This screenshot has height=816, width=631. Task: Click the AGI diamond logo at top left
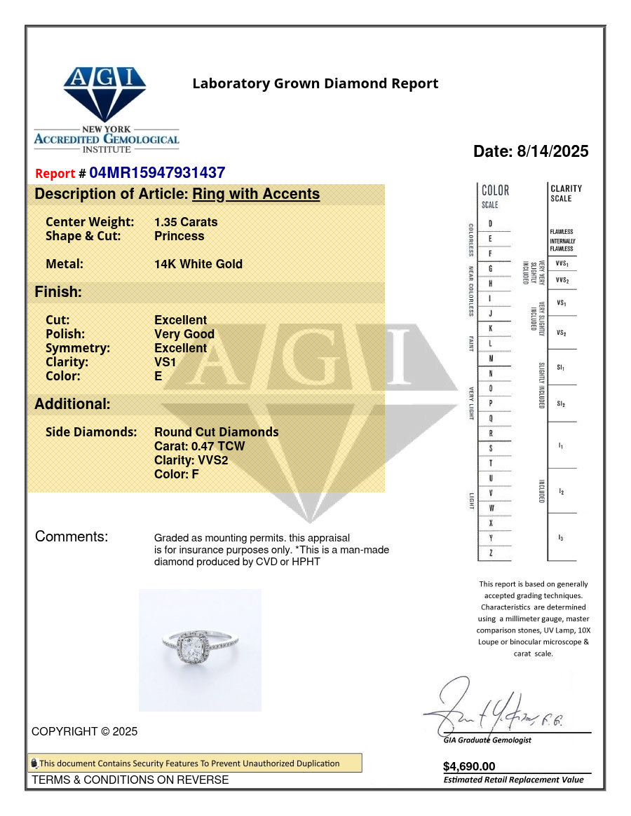pyautogui.click(x=105, y=95)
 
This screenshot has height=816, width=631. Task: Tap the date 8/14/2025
pyautogui.click(x=552, y=151)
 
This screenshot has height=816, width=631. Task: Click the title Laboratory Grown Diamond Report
pyautogui.click(x=315, y=84)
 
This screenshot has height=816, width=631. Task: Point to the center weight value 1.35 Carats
pyautogui.click(x=186, y=222)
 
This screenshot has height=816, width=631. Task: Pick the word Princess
pyautogui.click(x=179, y=236)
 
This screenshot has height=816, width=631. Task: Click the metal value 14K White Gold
pyautogui.click(x=198, y=264)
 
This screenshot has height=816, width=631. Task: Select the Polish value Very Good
pyautogui.click(x=184, y=334)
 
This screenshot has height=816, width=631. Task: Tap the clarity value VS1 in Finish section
pyautogui.click(x=165, y=362)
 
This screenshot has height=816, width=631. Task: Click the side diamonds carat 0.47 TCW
pyautogui.click(x=200, y=446)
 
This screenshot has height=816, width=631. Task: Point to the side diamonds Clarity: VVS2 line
pyautogui.click(x=191, y=460)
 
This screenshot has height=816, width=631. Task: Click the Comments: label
pyautogui.click(x=72, y=537)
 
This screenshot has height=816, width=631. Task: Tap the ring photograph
pyautogui.click(x=200, y=650)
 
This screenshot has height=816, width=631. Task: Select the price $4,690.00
pyautogui.click(x=469, y=766)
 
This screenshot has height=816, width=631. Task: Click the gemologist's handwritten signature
pyautogui.click(x=491, y=707)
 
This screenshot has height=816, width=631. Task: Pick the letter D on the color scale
pyautogui.click(x=490, y=223)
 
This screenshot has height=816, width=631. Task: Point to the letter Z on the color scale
pyautogui.click(x=490, y=553)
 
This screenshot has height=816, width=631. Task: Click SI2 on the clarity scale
pyautogui.click(x=561, y=404)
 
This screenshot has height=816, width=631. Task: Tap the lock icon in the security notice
pyautogui.click(x=34, y=763)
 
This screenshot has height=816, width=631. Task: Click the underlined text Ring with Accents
pyautogui.click(x=256, y=194)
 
